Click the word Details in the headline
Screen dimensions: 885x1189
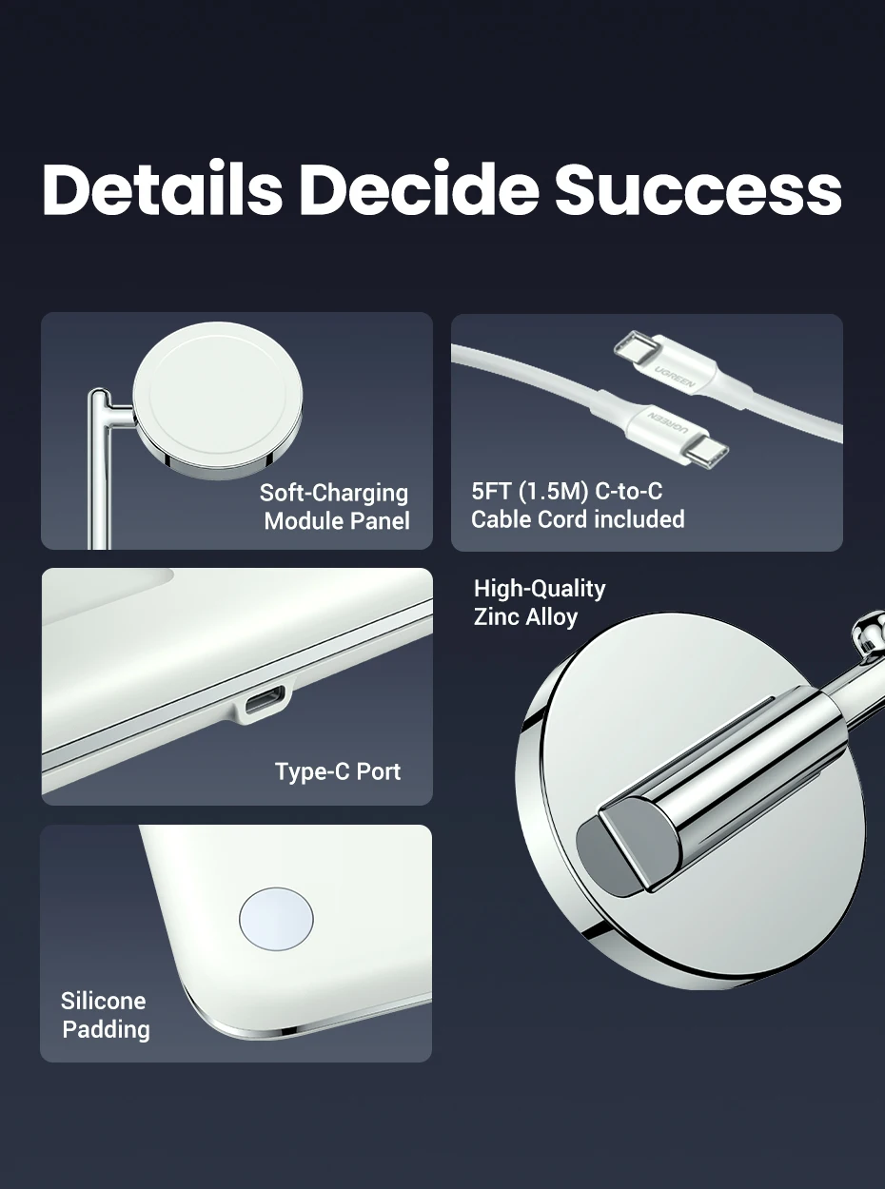(x=162, y=188)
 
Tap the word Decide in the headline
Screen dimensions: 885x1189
(x=419, y=188)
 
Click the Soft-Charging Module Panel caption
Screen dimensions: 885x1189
(x=335, y=507)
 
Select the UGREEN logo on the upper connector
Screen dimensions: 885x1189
(x=675, y=377)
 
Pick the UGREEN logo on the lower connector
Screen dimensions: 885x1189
(x=667, y=419)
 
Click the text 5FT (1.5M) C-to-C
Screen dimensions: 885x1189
(x=567, y=491)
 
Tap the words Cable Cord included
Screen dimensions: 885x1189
(x=578, y=519)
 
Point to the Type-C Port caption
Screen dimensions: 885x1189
(x=338, y=771)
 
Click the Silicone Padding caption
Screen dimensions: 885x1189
(x=105, y=1015)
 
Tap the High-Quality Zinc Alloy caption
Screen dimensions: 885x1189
(x=540, y=602)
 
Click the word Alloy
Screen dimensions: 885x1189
(x=552, y=617)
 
